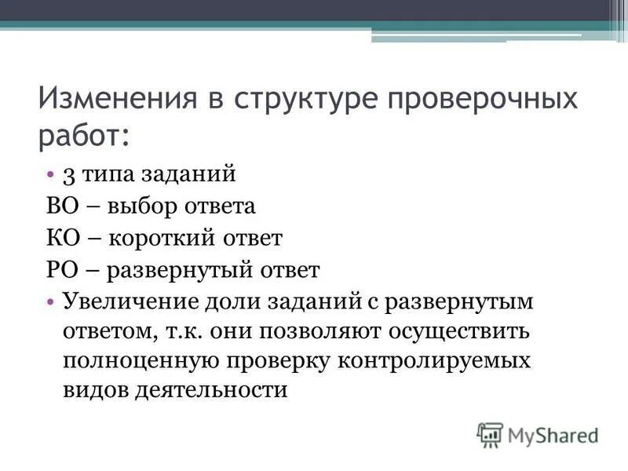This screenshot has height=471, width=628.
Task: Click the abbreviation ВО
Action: click(59, 206)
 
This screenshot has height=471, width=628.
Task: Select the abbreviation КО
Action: click(59, 238)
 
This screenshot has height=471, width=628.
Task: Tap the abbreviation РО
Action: click(58, 270)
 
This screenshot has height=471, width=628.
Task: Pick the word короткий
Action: click(162, 238)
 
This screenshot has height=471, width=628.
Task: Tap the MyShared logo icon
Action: click(491, 434)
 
